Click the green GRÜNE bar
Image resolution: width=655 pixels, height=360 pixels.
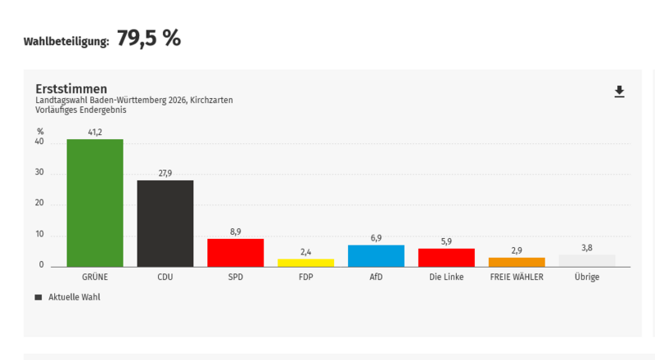click(x=95, y=203)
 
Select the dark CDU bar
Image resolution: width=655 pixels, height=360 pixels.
click(x=165, y=223)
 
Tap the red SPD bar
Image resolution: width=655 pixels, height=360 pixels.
click(x=236, y=253)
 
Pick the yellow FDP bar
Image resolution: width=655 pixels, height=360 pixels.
click(x=305, y=263)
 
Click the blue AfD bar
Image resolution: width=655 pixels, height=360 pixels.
click(x=376, y=256)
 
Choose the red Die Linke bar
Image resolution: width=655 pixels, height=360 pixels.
click(x=446, y=258)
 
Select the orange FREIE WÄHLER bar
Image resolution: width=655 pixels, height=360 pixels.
click(x=517, y=262)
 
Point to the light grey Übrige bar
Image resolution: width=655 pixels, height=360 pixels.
click(x=587, y=261)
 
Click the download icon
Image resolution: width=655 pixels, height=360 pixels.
click(x=620, y=92)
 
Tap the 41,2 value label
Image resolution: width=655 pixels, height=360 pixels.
click(x=95, y=132)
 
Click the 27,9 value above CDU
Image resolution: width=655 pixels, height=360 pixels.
click(x=165, y=173)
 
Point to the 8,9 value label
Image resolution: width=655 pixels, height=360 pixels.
click(x=236, y=232)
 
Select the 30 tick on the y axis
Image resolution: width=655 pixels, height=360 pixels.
click(x=39, y=173)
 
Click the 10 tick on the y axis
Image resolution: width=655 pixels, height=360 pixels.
click(x=39, y=236)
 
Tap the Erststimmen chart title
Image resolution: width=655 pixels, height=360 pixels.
click(x=71, y=88)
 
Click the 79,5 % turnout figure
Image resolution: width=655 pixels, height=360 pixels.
click(x=148, y=38)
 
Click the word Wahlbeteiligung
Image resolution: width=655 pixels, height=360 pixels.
click(x=66, y=41)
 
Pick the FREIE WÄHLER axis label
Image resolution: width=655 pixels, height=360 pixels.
click(x=517, y=277)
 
